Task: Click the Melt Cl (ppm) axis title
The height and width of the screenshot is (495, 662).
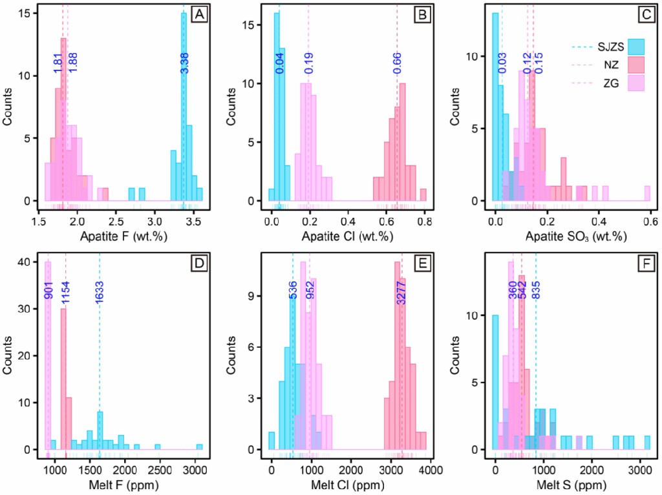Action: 349,485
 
